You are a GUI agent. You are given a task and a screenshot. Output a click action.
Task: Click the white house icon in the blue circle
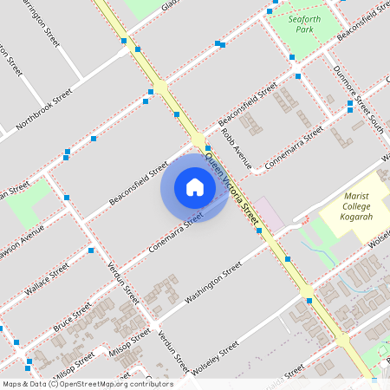194,186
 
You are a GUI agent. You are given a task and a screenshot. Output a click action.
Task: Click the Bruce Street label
72,316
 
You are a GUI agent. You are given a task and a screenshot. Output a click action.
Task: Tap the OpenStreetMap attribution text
88,384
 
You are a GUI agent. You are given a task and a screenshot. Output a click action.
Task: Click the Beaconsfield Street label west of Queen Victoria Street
139,182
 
